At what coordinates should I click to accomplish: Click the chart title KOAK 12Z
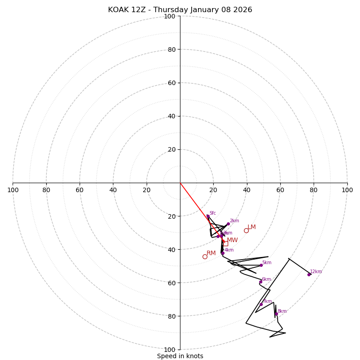click(180, 10)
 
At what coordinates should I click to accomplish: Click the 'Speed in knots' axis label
click(180, 356)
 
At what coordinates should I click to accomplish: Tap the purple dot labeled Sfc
click(208, 216)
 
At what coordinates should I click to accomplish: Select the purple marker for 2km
click(228, 224)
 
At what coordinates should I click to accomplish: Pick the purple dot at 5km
click(261, 265)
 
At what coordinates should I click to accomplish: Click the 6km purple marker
click(261, 282)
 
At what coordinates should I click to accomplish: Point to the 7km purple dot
click(261, 304)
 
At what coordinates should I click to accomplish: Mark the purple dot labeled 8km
click(276, 314)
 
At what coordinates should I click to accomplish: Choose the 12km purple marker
click(309, 274)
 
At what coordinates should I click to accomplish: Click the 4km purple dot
click(222, 253)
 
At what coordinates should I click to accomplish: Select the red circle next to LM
click(246, 230)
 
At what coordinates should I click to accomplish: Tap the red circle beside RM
click(205, 256)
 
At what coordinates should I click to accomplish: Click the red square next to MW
click(225, 243)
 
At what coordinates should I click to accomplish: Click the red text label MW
click(232, 240)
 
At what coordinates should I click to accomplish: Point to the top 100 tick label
click(170, 16)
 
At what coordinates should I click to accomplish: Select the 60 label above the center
click(171, 83)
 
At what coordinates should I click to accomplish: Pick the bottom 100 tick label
click(170, 350)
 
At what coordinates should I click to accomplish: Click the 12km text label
click(316, 272)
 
